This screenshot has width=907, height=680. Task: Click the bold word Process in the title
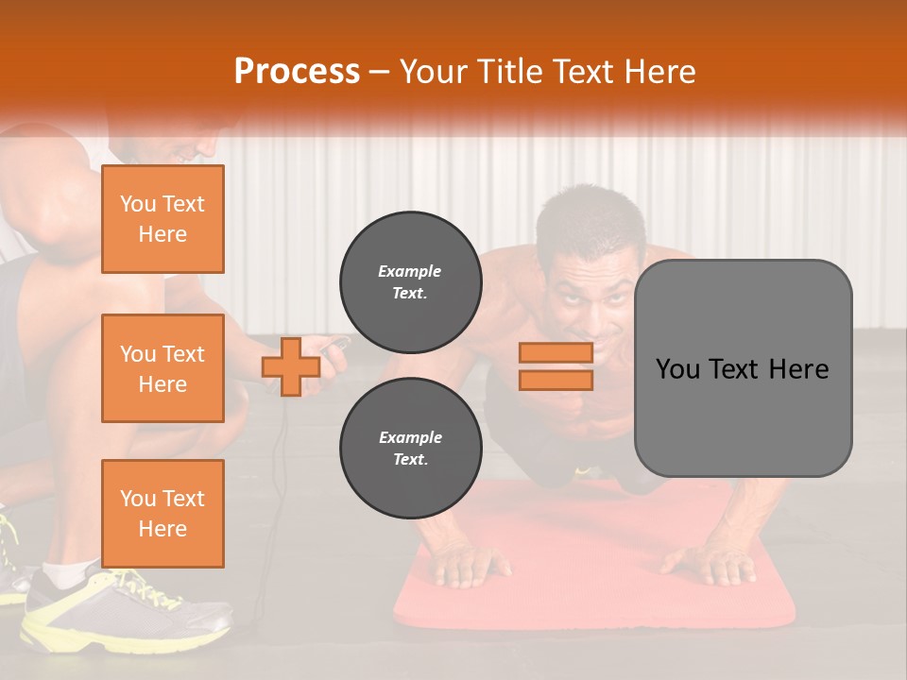coord(297,72)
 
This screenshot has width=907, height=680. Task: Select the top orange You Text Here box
coord(163,219)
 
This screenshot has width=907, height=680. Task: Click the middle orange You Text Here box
coord(163,368)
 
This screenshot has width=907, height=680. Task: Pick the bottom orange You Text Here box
coord(163,514)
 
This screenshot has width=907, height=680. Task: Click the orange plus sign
coord(291,367)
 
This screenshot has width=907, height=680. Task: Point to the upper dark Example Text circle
coord(410,282)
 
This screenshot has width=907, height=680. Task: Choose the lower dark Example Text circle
coord(410,449)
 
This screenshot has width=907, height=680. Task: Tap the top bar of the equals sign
coord(556,353)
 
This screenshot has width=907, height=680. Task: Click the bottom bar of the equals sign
coord(556,381)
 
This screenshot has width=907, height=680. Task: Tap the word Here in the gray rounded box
coord(798,369)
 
